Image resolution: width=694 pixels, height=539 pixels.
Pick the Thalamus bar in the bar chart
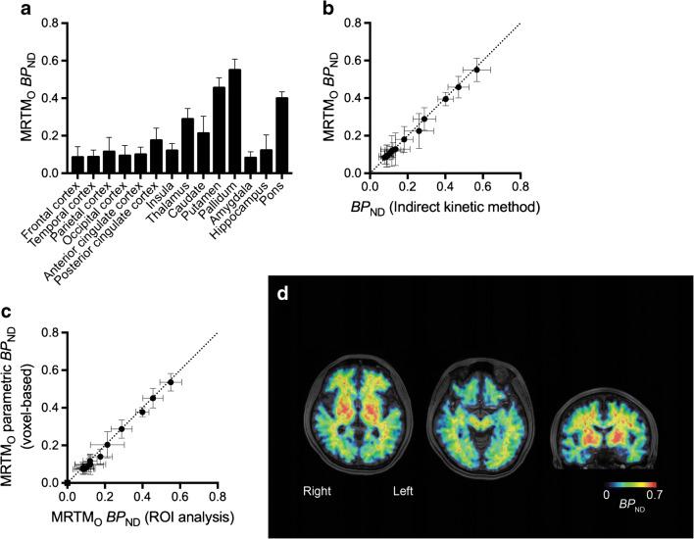pos(187,146)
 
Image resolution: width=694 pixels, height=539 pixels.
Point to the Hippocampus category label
pos(249,206)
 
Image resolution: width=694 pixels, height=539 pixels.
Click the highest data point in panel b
pos(476,70)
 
